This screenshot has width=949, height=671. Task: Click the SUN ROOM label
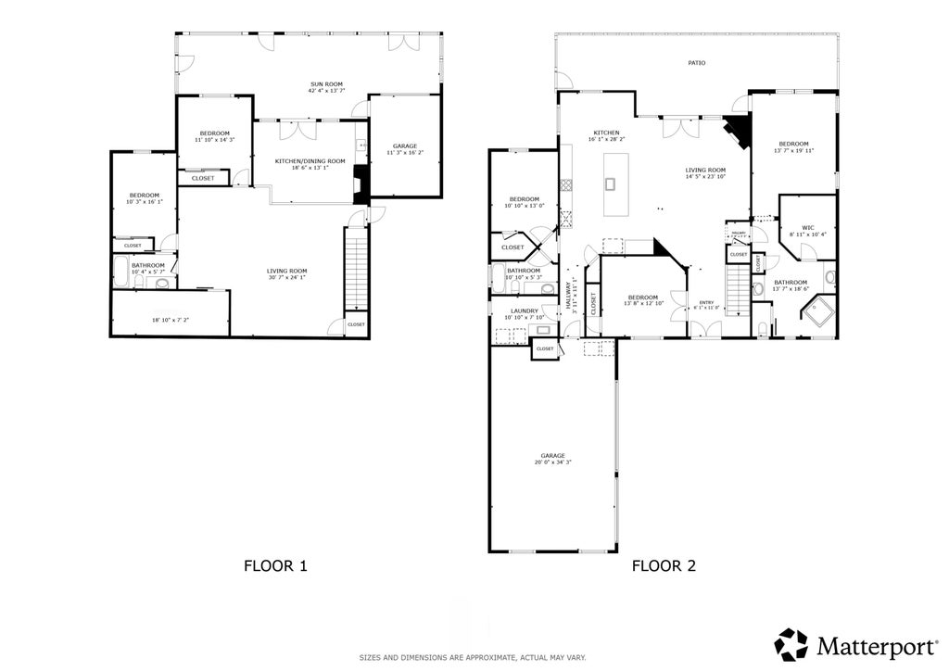click(326, 84)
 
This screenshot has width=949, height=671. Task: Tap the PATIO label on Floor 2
click(696, 63)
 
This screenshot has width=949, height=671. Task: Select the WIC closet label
click(807, 227)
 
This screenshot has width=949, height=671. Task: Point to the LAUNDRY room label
click(524, 310)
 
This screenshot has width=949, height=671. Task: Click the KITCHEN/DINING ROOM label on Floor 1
click(310, 161)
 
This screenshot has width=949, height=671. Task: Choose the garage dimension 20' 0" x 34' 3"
click(552, 462)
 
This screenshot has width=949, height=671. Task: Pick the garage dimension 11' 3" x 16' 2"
click(404, 152)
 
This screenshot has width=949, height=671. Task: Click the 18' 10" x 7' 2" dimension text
click(170, 320)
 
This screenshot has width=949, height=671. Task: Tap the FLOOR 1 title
click(275, 564)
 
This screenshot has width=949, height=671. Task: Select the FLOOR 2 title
click(664, 564)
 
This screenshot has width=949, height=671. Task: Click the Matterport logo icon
click(791, 643)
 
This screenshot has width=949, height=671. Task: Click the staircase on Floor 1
click(356, 270)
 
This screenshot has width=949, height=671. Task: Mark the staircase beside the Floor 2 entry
click(736, 289)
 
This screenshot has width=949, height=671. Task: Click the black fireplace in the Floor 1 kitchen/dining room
click(360, 188)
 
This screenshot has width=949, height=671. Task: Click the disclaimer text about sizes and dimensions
click(473, 657)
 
